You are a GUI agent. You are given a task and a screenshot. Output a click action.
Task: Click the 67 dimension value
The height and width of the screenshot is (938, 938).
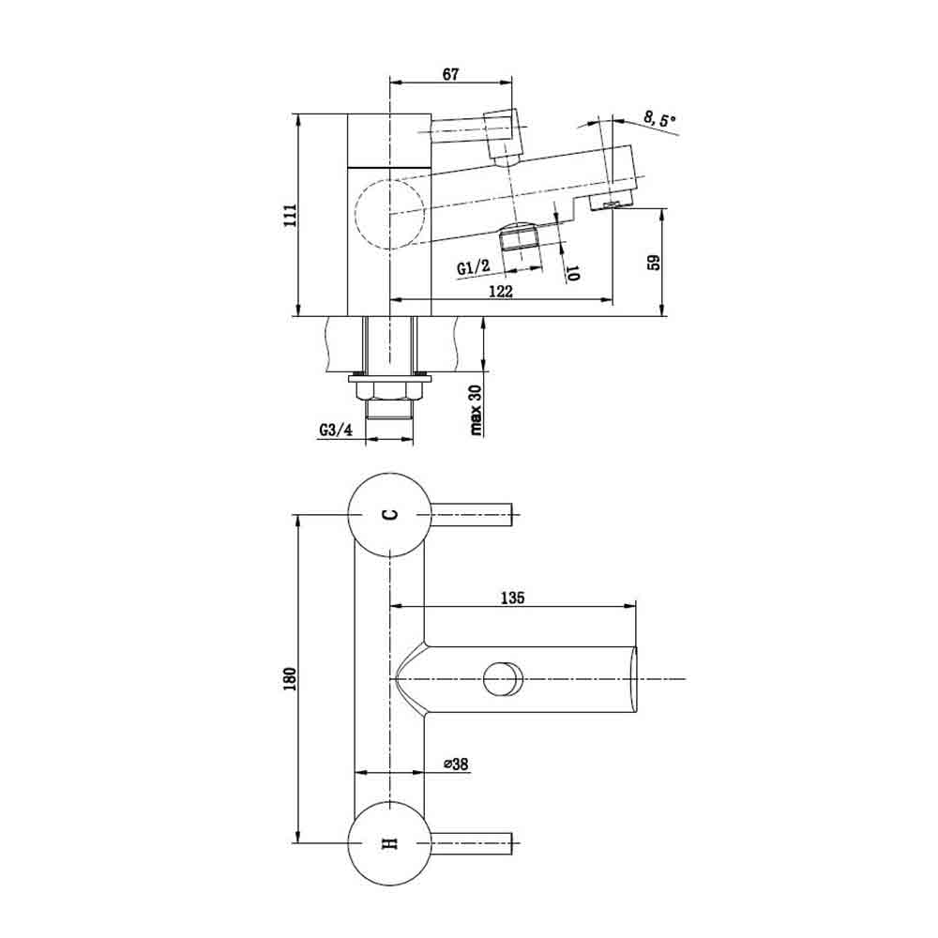pyautogui.click(x=450, y=74)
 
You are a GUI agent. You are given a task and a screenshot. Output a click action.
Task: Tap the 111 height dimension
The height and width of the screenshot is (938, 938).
pyautogui.click(x=290, y=216)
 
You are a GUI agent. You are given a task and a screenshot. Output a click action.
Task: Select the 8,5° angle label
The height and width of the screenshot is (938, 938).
pyautogui.click(x=659, y=121)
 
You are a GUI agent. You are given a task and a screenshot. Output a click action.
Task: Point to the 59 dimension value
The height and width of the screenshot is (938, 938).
pyautogui.click(x=655, y=263)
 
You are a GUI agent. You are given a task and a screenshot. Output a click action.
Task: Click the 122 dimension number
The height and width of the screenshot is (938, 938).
pyautogui.click(x=501, y=292)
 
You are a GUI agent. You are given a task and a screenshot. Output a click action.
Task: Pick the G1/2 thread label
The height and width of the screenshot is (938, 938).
pyautogui.click(x=473, y=266)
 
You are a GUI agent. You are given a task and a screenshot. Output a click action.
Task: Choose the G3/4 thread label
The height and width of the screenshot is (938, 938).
pyautogui.click(x=336, y=430)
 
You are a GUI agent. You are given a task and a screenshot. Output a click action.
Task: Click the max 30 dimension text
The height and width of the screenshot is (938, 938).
pyautogui.click(x=477, y=411)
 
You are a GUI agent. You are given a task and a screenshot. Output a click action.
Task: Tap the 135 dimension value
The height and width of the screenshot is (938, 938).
pyautogui.click(x=513, y=598)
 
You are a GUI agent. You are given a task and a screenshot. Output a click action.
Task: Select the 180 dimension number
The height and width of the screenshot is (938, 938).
pyautogui.click(x=290, y=679)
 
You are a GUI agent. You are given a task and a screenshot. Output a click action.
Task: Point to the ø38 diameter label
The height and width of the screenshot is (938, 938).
pyautogui.click(x=456, y=764)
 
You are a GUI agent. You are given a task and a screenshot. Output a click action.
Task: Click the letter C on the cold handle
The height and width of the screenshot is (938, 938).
pyautogui.click(x=389, y=514)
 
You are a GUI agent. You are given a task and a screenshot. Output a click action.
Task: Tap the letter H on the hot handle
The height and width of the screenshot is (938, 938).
pyautogui.click(x=389, y=843)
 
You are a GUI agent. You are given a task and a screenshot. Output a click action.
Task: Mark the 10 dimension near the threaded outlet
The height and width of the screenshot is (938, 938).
pyautogui.click(x=572, y=274)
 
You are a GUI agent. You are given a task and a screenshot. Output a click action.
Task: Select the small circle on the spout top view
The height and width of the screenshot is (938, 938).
pyautogui.click(x=503, y=679)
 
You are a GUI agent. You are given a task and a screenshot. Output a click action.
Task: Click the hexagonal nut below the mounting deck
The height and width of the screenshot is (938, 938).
pyautogui.click(x=389, y=391)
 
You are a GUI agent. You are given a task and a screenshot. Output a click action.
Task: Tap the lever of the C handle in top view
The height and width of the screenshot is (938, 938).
pyautogui.click(x=472, y=514)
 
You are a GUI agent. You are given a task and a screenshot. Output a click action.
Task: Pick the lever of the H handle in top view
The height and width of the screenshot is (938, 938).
pyautogui.click(x=472, y=843)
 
